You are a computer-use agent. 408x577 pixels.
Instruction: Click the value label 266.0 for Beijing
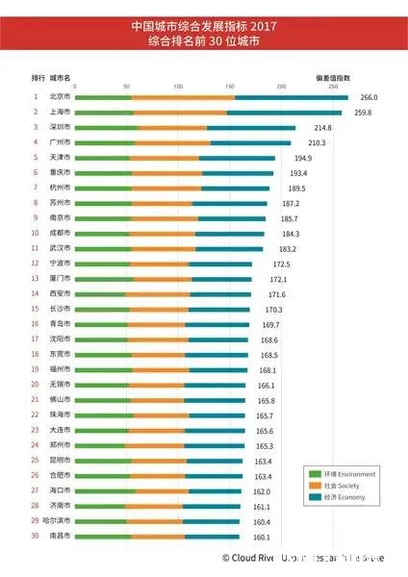pos(369,97)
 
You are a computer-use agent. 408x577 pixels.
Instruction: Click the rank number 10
pos(36,233)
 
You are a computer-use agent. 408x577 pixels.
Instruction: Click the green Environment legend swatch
pos(314,474)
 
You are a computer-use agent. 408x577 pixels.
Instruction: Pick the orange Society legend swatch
pos(314,486)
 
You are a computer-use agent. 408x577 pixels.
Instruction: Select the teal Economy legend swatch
pos(314,497)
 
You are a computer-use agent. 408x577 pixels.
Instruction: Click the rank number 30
pos(36,536)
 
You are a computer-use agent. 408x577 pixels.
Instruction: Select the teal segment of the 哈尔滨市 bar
pos(211,521)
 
